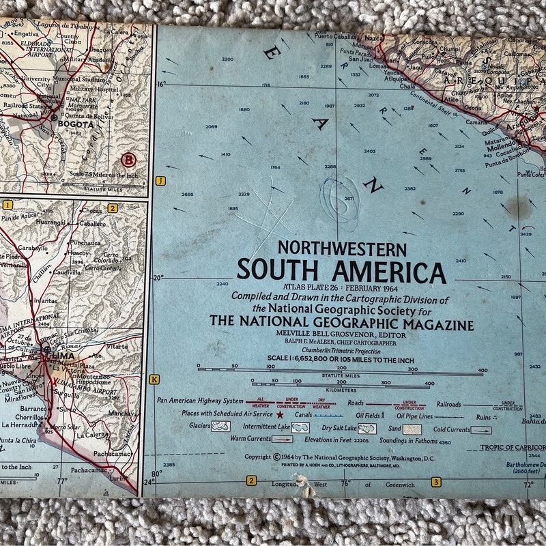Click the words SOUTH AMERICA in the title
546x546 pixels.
[341, 272]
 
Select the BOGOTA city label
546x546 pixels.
[75, 125]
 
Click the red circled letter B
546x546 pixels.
[128, 160]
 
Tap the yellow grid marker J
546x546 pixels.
[160, 181]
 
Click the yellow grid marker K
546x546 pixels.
[154, 379]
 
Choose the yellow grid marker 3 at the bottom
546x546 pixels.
[435, 483]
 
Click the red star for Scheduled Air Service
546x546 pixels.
[280, 414]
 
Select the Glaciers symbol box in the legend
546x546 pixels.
[220, 426]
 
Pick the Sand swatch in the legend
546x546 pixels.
[412, 429]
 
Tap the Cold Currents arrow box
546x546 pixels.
[480, 430]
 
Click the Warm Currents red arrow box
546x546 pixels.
[282, 440]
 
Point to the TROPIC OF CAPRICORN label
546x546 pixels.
[512, 448]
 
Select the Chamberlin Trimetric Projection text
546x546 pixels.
[341, 350]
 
